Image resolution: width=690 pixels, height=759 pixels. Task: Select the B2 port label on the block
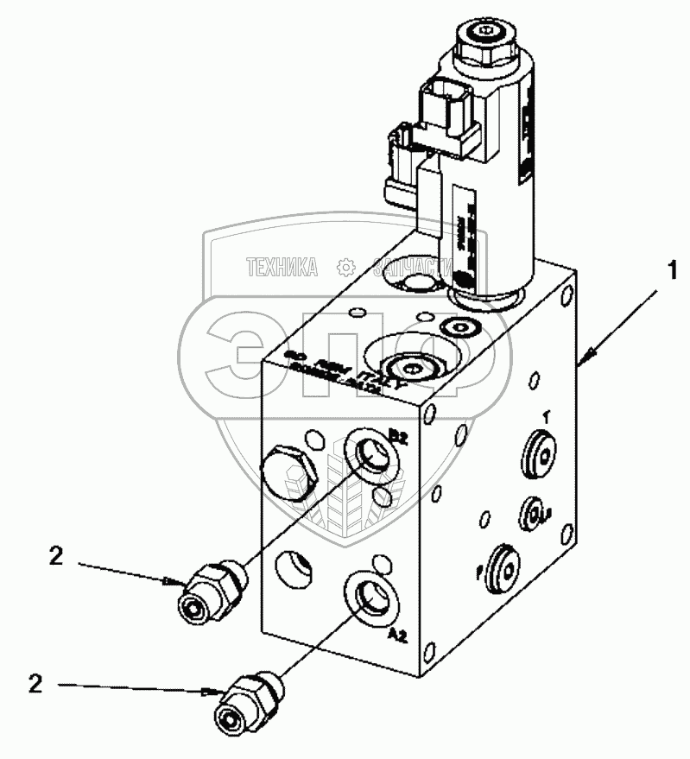(400, 436)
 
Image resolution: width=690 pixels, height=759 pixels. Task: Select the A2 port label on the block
(397, 636)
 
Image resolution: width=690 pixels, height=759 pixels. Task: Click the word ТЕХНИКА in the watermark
(282, 267)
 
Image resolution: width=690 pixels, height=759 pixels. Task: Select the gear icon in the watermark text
(345, 266)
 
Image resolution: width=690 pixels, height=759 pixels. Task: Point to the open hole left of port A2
(296, 569)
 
